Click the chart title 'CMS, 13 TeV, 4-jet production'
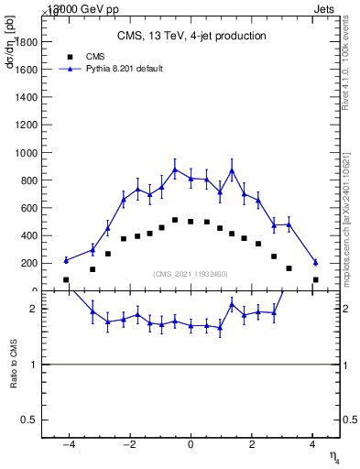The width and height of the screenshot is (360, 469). point(191,37)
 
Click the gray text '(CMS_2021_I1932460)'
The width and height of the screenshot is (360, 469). point(191,274)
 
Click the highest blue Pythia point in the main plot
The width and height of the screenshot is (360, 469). point(175,169)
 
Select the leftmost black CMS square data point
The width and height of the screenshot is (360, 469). point(66,279)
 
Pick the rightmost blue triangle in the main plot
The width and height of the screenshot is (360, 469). point(315,262)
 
